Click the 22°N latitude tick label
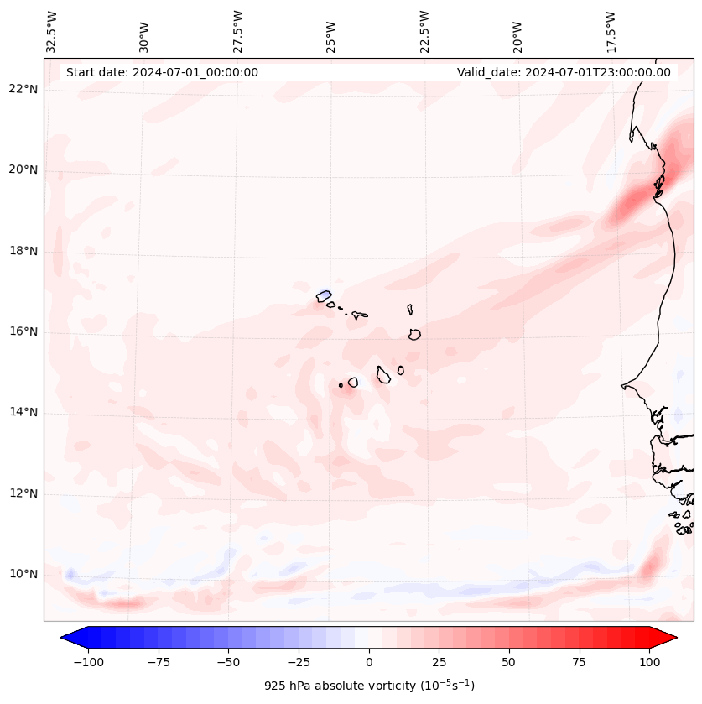click(x=24, y=90)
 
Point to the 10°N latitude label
click(x=24, y=575)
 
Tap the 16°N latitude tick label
click(x=24, y=332)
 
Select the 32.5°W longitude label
click(x=52, y=31)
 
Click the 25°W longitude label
click(x=331, y=31)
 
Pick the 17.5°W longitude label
click(x=611, y=31)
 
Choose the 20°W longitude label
click(x=517, y=31)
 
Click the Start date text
click(x=162, y=72)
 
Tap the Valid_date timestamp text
click(x=564, y=72)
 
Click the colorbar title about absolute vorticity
click(x=369, y=686)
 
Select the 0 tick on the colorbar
click(x=369, y=662)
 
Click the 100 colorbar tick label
click(x=650, y=662)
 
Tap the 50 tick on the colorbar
click(x=509, y=662)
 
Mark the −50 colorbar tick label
click(x=227, y=662)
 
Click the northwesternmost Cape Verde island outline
click(x=324, y=295)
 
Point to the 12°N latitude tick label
click(x=24, y=494)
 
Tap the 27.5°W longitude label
click(x=238, y=31)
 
